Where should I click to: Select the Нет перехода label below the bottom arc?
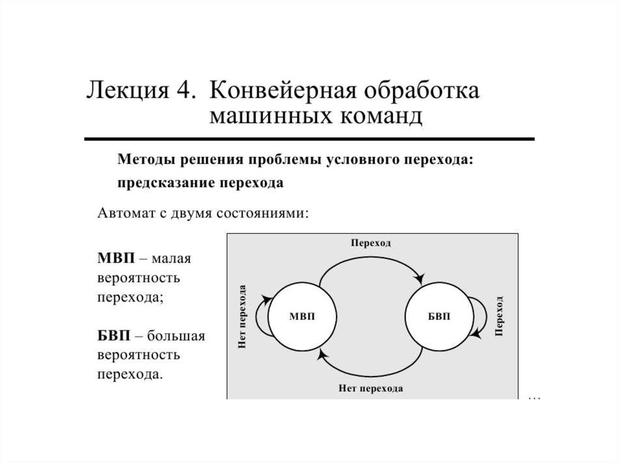371,388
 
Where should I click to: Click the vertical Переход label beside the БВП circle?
499,316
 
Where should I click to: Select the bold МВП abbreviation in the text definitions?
114,258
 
